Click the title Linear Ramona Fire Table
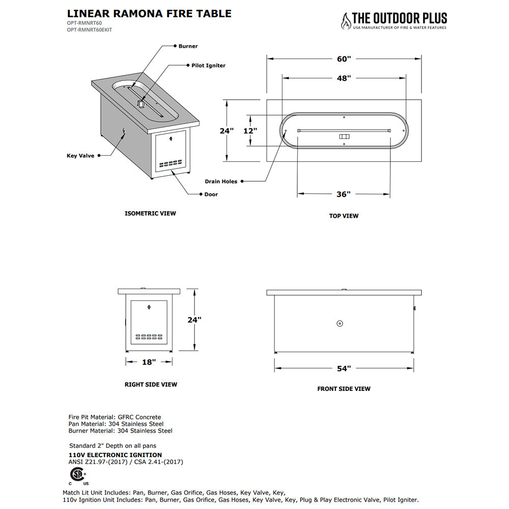(149, 14)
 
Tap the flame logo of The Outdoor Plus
(346, 21)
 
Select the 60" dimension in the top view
(344, 59)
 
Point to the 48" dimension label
(344, 78)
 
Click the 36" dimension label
(344, 194)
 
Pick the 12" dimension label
(249, 131)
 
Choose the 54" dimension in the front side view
(344, 369)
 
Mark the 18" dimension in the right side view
(148, 362)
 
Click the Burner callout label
(188, 46)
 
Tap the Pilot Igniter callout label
(208, 66)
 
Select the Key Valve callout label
(80, 156)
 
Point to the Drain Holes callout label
(221, 181)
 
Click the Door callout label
(211, 194)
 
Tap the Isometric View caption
(150, 213)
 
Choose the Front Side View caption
(344, 389)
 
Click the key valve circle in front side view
(340, 323)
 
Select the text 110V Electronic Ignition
(115, 455)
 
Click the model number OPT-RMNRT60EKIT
(90, 30)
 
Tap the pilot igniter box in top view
(345, 136)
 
